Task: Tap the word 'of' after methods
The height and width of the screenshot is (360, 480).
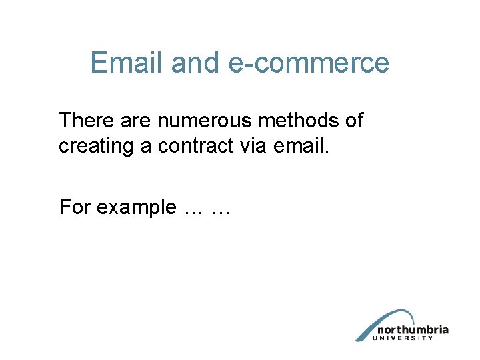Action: click(353, 121)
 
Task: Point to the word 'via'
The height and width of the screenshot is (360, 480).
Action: click(256, 145)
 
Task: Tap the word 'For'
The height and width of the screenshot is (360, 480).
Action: click(75, 207)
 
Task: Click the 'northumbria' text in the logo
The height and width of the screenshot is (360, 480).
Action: click(413, 329)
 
